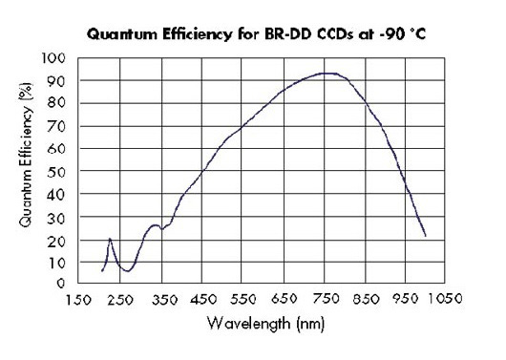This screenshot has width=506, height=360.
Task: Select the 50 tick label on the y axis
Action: pos(60,171)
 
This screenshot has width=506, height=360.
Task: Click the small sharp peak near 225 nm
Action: pos(110,239)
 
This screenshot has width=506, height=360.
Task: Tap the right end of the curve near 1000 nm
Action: pos(425,235)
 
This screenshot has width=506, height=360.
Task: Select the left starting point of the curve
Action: pos(102,271)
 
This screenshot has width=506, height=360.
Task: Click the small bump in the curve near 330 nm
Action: pos(154,225)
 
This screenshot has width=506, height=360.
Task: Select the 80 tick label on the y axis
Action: pos(60,103)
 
